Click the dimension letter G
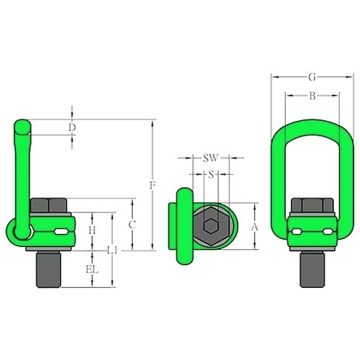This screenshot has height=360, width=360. [312, 77]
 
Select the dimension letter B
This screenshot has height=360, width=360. [312, 96]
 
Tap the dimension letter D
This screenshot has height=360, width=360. [72, 127]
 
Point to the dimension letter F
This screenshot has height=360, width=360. [153, 185]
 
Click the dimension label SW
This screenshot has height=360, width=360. [211, 158]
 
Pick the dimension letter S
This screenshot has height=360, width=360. [211, 174]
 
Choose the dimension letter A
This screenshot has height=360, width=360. [255, 227]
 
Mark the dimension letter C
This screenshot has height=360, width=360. [132, 225]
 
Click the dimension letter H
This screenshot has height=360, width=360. [92, 230]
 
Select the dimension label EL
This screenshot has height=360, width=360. [92, 270]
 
